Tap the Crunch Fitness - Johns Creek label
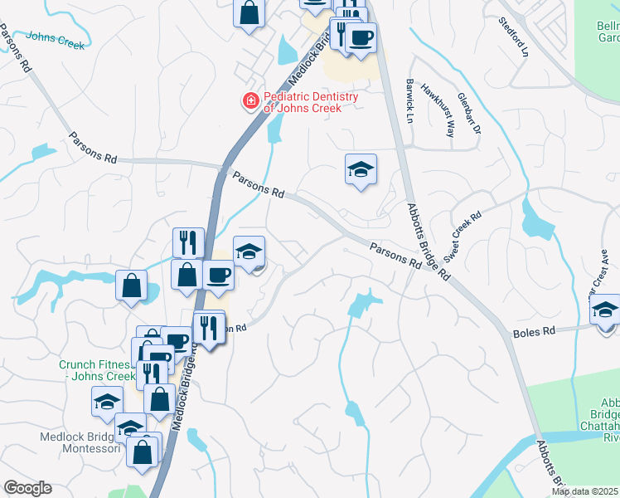[x=95, y=370]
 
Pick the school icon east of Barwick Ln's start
[x=361, y=169]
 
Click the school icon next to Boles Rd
[x=605, y=311]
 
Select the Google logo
[x=27, y=488]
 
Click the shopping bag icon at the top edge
[x=249, y=12]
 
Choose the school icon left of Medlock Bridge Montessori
[x=107, y=403]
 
